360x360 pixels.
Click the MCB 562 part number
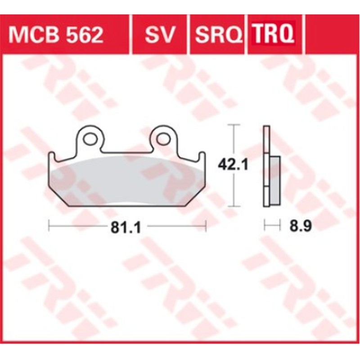(56, 34)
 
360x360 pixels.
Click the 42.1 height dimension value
(233, 166)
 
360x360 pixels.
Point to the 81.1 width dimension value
(127, 228)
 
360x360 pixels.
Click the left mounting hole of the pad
(90, 139)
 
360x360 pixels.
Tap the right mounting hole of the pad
(163, 139)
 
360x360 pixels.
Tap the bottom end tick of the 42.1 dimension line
(233, 207)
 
